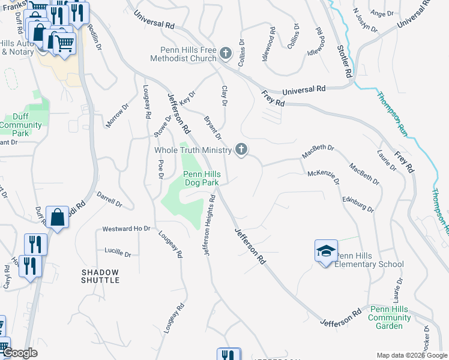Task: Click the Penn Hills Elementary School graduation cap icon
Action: [326, 250]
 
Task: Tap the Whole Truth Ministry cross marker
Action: [241, 149]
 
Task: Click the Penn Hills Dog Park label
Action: [202, 178]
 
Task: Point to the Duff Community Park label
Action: [20, 125]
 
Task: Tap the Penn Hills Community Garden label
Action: [390, 317]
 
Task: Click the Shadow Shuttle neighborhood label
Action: [100, 276]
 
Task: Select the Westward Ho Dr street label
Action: [125, 229]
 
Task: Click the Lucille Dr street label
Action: [117, 253]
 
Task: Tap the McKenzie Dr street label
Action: [324, 177]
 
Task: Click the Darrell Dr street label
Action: [109, 200]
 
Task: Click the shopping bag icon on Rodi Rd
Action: [57, 217]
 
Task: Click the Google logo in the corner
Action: [20, 353]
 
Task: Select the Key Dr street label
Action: [188, 98]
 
